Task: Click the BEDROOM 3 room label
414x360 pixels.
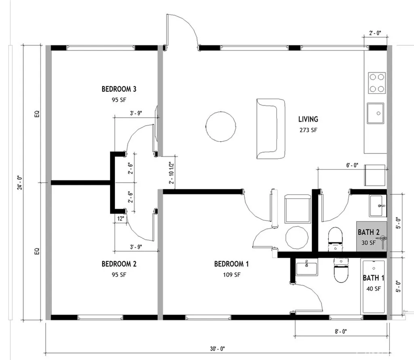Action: click(x=118, y=89)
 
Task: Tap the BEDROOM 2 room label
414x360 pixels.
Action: click(x=118, y=264)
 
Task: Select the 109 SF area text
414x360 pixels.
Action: click(x=231, y=275)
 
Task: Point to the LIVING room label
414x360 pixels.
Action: click(x=308, y=119)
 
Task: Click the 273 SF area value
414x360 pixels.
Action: click(x=308, y=130)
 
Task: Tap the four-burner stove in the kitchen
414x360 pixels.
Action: click(x=376, y=83)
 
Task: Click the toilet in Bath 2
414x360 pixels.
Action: click(x=335, y=237)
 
